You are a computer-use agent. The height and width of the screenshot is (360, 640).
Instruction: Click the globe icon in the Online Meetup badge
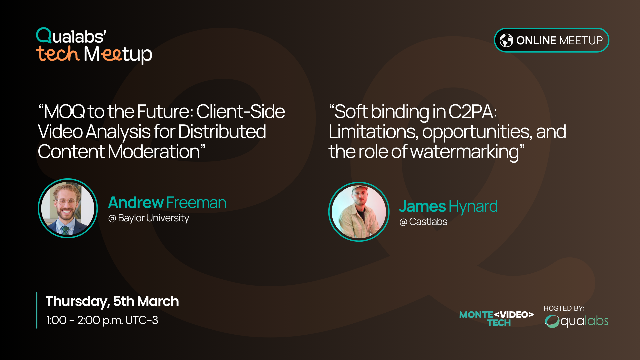506,40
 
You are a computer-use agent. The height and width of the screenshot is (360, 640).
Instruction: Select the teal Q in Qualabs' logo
44,35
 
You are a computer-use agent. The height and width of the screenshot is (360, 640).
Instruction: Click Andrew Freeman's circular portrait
68,208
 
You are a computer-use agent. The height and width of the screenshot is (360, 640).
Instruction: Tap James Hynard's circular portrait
359,212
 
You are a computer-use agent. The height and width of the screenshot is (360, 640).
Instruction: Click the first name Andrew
136,202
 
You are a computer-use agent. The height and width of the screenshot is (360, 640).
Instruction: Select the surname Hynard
473,207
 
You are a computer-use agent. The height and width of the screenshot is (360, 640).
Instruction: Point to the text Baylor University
153,218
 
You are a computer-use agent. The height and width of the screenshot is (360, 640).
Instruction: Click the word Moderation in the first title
154,152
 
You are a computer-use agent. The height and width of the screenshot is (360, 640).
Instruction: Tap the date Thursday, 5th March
112,301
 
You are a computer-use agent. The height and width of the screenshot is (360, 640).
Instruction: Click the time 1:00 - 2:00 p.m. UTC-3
102,320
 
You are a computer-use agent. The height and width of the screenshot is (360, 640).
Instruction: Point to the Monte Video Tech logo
496,318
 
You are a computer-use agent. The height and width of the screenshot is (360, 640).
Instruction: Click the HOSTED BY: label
564,308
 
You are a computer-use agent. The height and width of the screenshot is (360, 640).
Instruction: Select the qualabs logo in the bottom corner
577,321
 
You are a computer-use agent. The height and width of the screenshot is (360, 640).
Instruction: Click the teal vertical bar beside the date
37,310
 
